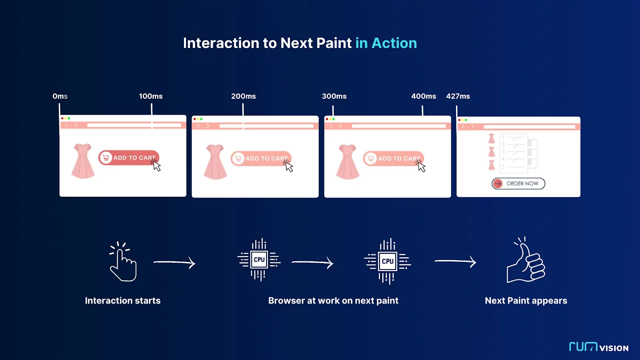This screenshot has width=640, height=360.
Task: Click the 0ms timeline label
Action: point(60,96)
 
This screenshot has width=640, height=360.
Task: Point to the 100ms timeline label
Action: point(150,96)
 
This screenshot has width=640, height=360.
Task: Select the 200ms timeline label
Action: point(244,96)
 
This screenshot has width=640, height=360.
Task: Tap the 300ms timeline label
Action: point(334,96)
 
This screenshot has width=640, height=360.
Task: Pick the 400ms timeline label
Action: point(424,96)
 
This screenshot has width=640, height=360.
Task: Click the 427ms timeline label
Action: point(458,96)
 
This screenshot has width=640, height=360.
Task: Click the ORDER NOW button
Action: point(518,184)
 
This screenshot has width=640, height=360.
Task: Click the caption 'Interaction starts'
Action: point(122,300)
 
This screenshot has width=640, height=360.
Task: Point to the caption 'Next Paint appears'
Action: point(526,300)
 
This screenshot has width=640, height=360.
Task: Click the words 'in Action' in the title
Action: point(386,43)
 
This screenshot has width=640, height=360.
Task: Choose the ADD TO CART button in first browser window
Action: point(128,158)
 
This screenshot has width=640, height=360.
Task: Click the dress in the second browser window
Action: point(215,162)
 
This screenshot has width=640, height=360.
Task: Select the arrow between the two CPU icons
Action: point(312,262)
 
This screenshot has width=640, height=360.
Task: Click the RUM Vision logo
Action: point(598,346)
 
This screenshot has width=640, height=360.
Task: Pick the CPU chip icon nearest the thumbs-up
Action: point(388,261)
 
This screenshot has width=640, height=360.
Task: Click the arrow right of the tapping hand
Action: point(174,262)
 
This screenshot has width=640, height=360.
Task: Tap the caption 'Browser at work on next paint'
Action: point(333,300)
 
